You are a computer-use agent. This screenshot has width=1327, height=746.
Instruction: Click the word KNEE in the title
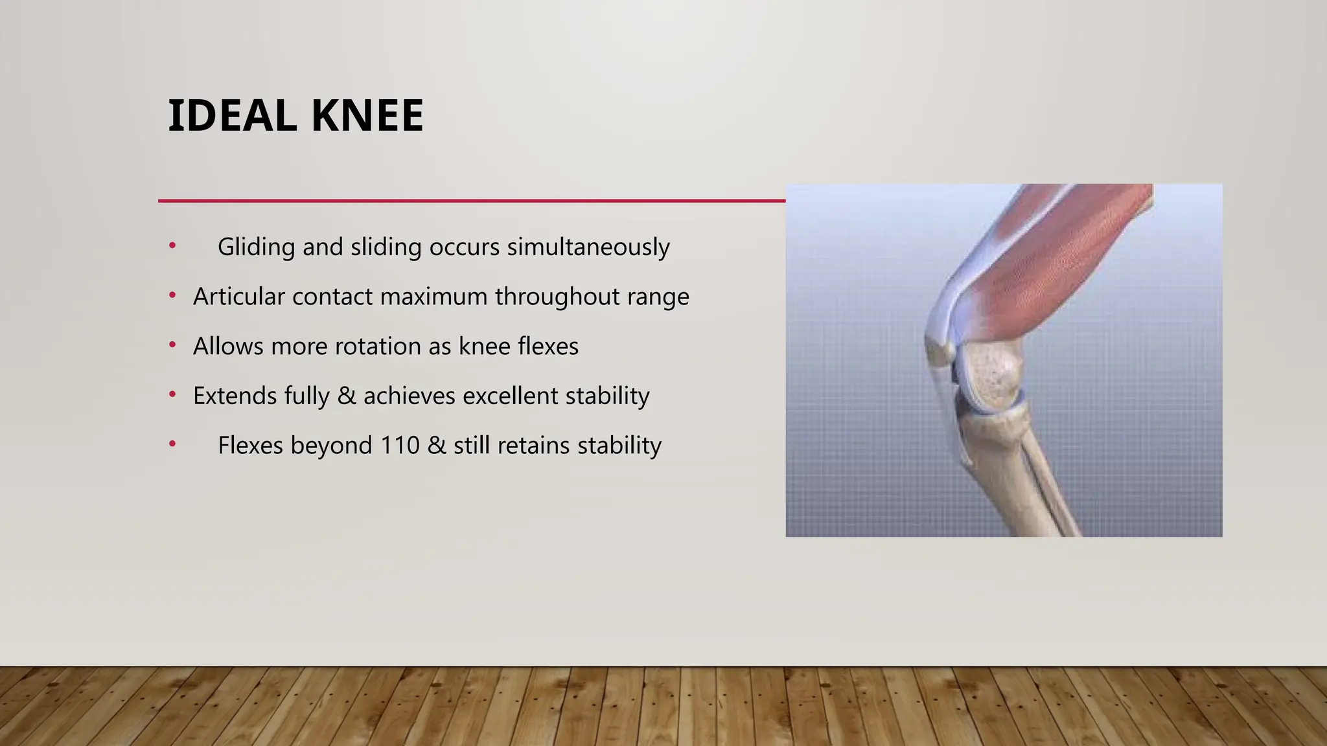point(367,117)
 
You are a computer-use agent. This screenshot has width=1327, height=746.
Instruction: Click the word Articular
point(238,297)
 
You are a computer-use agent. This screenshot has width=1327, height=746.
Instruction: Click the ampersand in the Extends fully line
point(347,396)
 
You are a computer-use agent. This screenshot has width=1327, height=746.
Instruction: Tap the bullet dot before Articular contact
point(172,296)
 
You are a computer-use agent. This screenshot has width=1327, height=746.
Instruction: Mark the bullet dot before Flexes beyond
point(172,444)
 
